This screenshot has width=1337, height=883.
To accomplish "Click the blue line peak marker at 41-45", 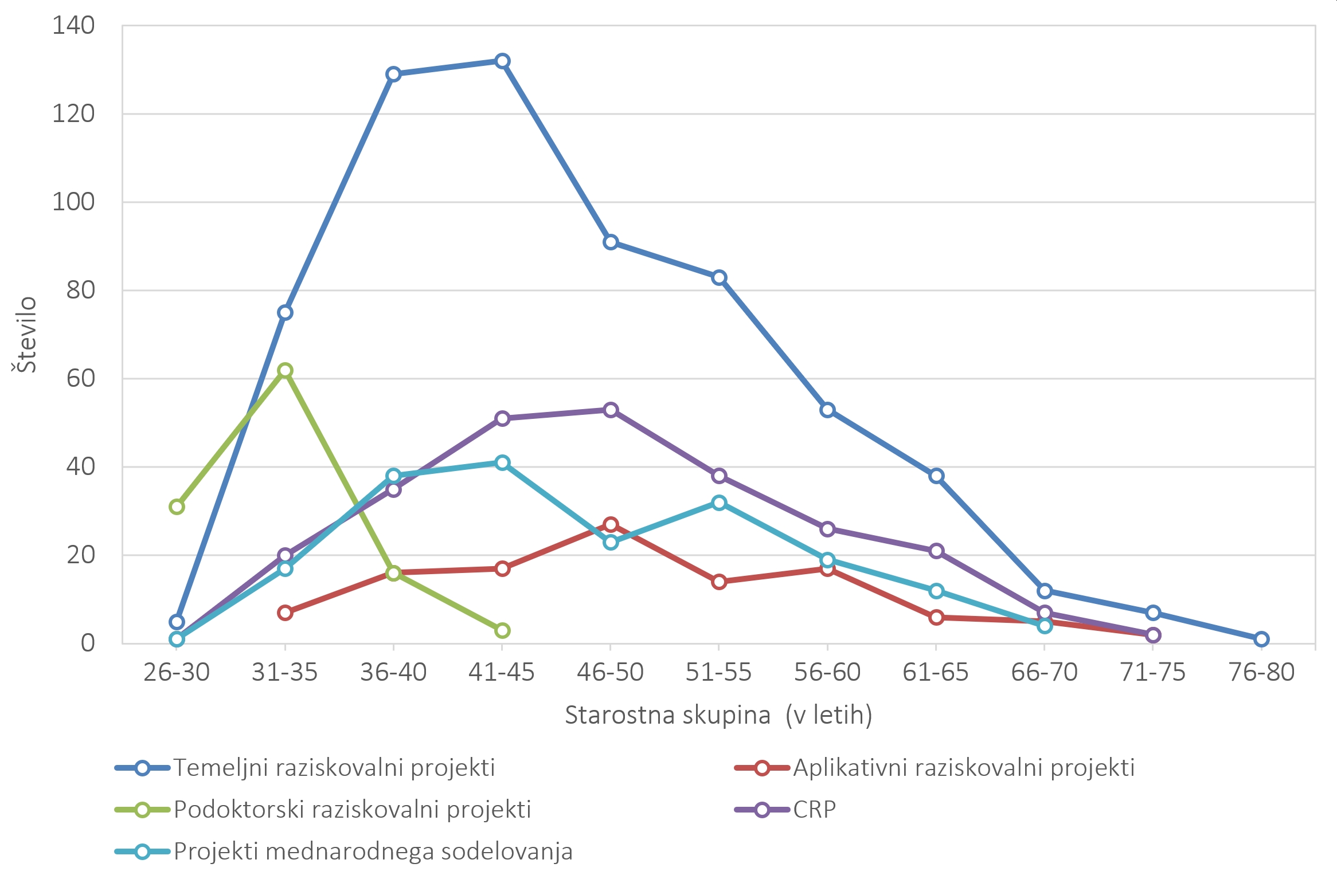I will (502, 61).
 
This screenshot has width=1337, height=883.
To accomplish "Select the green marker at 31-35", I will (285, 370).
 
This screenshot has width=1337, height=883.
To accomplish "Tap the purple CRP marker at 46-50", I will (611, 410).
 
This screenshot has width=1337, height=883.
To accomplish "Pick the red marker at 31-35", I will (285, 613).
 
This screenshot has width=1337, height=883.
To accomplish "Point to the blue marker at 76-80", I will (1261, 639).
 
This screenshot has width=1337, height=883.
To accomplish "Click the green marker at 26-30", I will (177, 507).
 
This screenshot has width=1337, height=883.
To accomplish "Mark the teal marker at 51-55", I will (719, 503).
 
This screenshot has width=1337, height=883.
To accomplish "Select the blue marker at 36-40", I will (393, 74).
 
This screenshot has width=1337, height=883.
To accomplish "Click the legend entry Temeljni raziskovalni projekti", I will (334, 768).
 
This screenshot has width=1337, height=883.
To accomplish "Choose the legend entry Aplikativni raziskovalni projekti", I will (963, 768).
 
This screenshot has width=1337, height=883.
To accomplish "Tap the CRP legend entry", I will (814, 810).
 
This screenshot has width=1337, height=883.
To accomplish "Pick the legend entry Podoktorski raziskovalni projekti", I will (352, 810).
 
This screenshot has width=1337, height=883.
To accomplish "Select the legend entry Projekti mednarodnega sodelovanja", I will (373, 851).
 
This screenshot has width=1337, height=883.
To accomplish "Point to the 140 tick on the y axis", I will (73, 26).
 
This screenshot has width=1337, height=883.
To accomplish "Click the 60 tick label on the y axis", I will (80, 379).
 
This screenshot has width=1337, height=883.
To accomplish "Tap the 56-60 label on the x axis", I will (827, 672).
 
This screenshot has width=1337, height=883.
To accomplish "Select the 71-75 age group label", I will (1152, 672).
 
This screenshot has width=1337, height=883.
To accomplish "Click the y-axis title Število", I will (26, 335).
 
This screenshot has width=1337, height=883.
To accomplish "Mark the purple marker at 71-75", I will (1153, 635).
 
